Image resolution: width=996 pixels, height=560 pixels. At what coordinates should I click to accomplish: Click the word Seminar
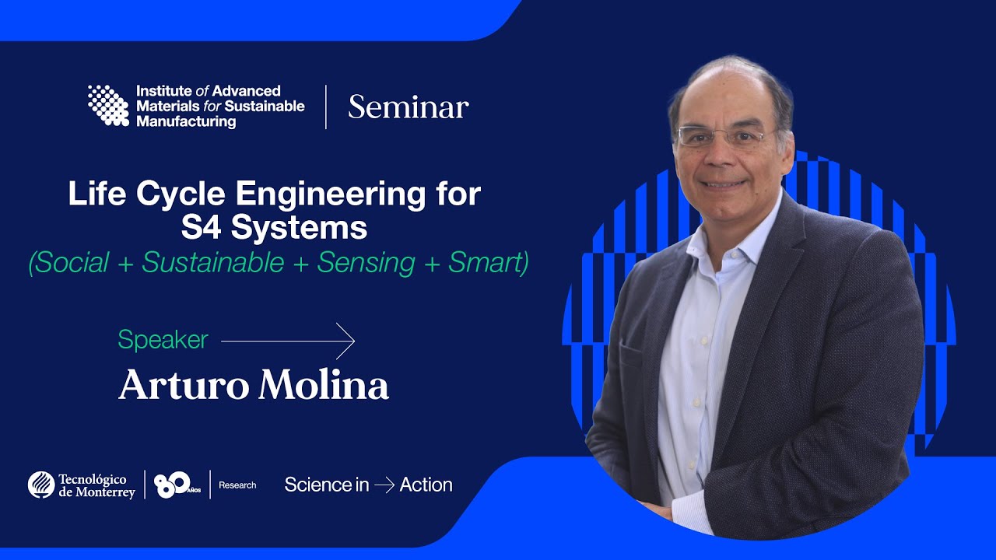409,107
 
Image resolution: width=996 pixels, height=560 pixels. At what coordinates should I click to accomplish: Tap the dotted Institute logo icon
108,105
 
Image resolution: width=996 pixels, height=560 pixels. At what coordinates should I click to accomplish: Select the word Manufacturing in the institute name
186,122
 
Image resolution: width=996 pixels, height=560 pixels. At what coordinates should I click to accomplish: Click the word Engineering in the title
331,194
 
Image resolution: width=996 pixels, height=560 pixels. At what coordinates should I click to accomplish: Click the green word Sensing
366,262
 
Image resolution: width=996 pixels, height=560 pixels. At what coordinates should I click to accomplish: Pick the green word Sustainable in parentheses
213,262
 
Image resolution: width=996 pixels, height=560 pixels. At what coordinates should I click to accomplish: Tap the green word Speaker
163,340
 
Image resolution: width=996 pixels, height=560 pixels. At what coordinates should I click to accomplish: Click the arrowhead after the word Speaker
347,341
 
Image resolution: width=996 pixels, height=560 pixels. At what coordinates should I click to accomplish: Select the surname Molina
324,384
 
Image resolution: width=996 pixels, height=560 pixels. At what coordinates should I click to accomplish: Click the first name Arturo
184,385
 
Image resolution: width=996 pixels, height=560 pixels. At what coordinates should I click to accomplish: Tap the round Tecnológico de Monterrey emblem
41,485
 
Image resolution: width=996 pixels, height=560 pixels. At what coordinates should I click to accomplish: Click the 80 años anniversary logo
177,485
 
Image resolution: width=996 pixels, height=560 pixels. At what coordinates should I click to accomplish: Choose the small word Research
237,485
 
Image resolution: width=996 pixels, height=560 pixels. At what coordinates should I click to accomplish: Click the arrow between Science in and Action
384,485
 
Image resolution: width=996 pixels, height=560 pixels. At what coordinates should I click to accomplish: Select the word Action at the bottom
426,485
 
